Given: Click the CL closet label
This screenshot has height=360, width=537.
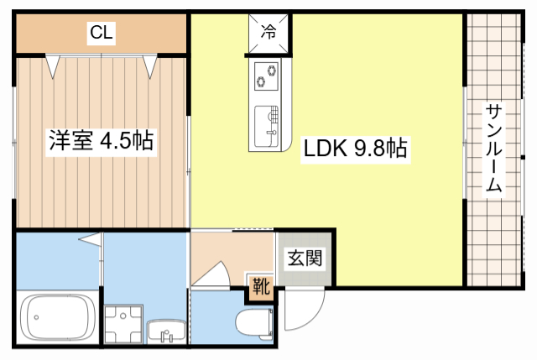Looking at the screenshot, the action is (x=101, y=33).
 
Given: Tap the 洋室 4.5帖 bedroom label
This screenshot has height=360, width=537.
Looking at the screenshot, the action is (x=102, y=141).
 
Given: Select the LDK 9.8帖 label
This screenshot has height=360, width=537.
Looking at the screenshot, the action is (x=356, y=149).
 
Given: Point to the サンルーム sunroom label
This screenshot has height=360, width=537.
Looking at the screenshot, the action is (x=493, y=148).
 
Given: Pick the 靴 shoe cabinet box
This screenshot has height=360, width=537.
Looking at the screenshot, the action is (x=261, y=286).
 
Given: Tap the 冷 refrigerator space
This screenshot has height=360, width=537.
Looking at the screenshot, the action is (x=268, y=34).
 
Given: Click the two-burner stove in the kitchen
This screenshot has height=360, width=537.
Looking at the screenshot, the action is (x=267, y=76).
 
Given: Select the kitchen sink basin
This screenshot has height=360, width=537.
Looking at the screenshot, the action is (x=266, y=126).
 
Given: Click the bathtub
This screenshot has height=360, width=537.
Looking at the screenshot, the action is (x=58, y=317).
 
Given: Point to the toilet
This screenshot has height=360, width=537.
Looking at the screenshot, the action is (x=254, y=322).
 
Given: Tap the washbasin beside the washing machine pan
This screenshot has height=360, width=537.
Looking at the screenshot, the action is (x=166, y=331).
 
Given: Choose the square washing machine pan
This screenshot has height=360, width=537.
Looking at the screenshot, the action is (x=123, y=324).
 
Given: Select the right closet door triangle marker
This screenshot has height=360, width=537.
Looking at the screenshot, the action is (x=150, y=66).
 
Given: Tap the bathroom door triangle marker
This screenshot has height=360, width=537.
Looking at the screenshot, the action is (x=91, y=239).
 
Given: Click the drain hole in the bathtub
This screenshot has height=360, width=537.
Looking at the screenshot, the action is (x=36, y=317).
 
